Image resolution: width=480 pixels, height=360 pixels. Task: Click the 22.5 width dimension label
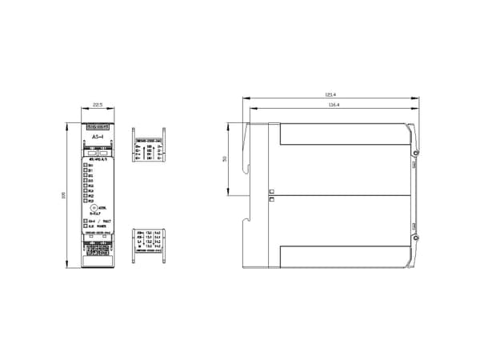pyautogui.click(x=98, y=105)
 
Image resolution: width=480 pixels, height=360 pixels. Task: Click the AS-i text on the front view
pyautogui.click(x=97, y=137)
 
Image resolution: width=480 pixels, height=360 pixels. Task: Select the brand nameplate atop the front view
pyautogui.click(x=97, y=126)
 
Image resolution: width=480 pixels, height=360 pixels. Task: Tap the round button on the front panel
pyautogui.click(x=93, y=208)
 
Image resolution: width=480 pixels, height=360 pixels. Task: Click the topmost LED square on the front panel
pyautogui.click(x=86, y=165)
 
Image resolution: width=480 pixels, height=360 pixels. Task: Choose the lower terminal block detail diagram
pyautogui.click(x=149, y=238)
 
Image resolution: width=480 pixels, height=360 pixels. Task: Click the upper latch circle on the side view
pyautogui.click(x=416, y=152)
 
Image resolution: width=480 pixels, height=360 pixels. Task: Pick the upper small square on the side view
pyautogui.click(x=271, y=191)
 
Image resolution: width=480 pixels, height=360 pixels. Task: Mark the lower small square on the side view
pyautogui.click(x=271, y=200)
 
